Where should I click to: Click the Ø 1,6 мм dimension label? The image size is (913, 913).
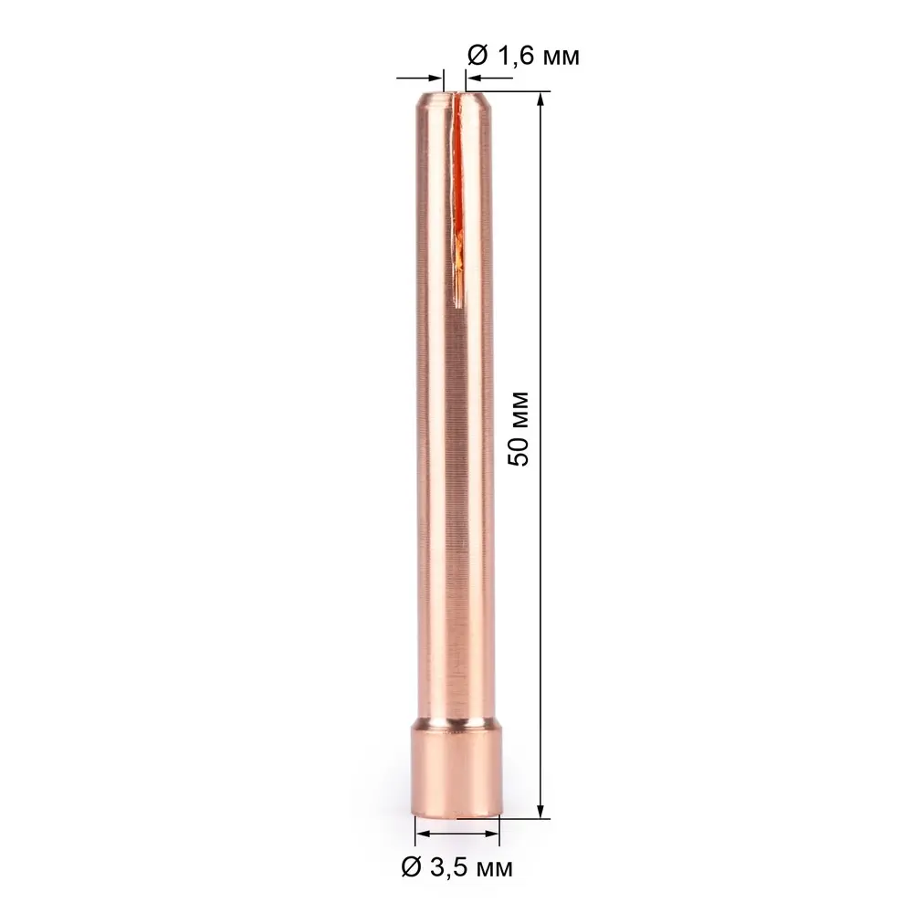[x=523, y=56]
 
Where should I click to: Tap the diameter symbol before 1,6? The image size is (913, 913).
[x=476, y=56]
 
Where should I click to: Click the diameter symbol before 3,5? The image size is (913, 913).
[x=411, y=865]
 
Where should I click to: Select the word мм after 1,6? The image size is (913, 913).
[x=559, y=57]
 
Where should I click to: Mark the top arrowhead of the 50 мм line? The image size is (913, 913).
[x=542, y=99]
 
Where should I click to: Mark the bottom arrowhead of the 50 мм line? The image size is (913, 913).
[x=542, y=812]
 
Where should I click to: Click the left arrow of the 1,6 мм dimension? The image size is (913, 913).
[x=436, y=80]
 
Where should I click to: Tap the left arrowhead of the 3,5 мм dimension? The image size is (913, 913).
[x=422, y=834]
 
